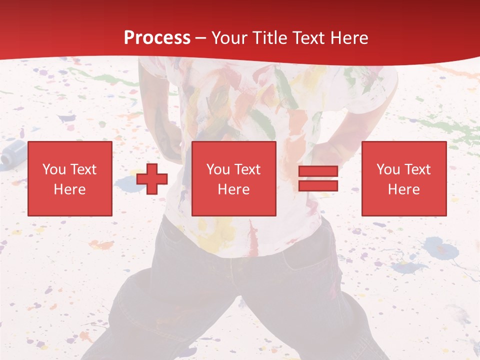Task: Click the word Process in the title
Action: click(157, 38)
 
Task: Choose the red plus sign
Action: click(152, 178)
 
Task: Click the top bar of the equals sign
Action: click(318, 171)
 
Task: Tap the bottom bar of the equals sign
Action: click(318, 185)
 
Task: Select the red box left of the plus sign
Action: click(69, 178)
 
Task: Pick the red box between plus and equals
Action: click(233, 178)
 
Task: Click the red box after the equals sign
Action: click(404, 178)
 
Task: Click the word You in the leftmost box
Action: click(53, 169)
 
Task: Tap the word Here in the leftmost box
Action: click(69, 189)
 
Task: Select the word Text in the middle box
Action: click(247, 169)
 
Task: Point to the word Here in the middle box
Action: click(233, 189)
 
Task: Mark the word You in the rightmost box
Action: click(387, 169)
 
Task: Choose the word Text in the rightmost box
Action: click(417, 169)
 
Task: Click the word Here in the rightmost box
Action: click(404, 189)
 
